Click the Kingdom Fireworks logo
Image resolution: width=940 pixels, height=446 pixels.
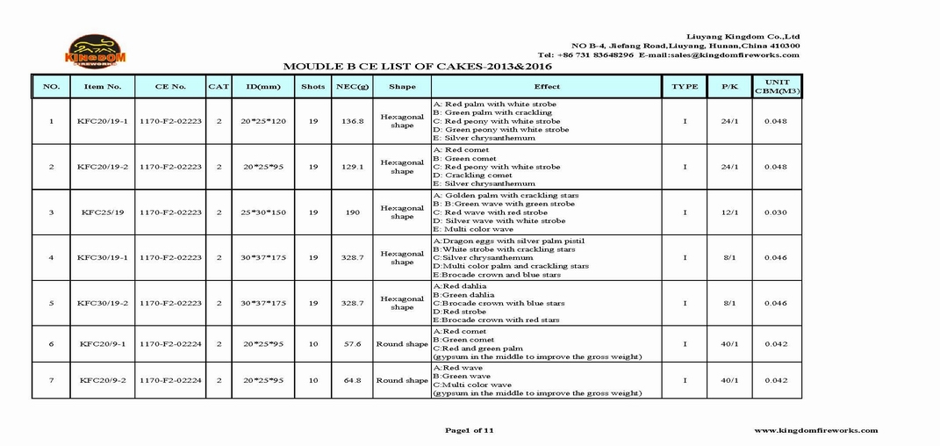[97, 51]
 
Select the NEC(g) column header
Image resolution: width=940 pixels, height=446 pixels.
[352, 87]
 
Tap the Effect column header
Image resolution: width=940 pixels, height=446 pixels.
[546, 87]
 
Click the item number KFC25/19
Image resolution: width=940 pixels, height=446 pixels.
[102, 212]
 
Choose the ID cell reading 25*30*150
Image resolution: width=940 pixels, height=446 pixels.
[264, 212]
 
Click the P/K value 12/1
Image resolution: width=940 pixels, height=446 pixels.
[728, 212]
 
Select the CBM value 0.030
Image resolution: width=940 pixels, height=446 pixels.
[775, 212]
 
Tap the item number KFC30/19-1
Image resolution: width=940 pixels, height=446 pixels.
[102, 257]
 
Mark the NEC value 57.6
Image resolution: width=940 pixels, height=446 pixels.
[352, 344]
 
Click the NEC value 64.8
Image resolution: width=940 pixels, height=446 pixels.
[352, 380]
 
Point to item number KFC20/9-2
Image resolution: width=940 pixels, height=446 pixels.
[102, 380]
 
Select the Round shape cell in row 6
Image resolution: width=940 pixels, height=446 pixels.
[402, 344]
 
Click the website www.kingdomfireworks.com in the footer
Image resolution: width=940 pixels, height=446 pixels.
[815, 430]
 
